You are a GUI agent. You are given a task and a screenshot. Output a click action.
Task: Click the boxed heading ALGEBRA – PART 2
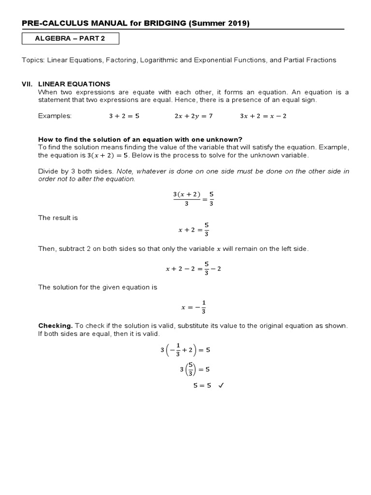(x=71, y=39)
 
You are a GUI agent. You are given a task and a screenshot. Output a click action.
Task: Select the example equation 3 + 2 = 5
(x=124, y=116)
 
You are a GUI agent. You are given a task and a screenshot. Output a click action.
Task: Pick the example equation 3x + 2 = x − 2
(x=263, y=116)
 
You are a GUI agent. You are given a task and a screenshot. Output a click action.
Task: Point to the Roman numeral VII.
(x=27, y=84)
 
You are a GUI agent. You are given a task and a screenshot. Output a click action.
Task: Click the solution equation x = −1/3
(x=193, y=307)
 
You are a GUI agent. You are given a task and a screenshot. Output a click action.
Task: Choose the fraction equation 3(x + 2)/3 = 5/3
(x=193, y=199)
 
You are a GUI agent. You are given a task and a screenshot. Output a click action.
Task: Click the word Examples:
(x=55, y=116)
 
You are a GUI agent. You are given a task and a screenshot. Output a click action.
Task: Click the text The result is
(x=58, y=218)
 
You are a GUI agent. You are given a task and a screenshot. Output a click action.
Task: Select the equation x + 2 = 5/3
(x=193, y=230)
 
